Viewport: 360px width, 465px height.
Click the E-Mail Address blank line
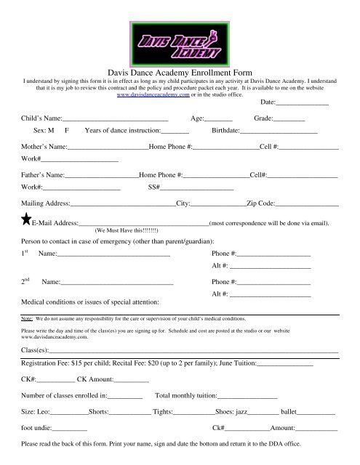click(x=143, y=223)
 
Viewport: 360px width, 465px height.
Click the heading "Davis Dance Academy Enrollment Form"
click(x=179, y=73)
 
